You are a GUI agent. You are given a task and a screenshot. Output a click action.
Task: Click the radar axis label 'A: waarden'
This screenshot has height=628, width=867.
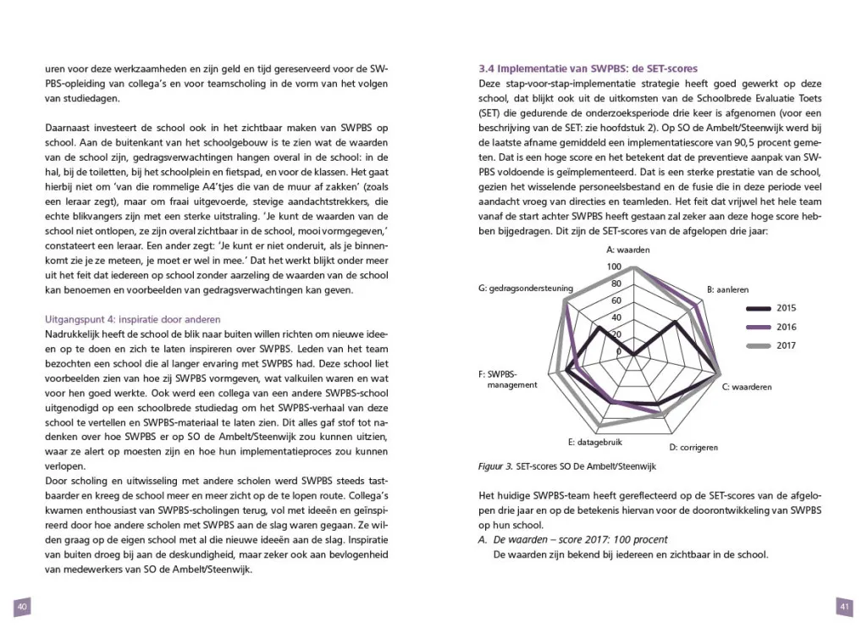[629, 251]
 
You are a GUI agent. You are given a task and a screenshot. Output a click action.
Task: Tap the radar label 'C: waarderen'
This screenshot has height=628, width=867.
[746, 387]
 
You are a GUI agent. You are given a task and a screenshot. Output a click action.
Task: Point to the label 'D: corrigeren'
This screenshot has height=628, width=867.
[694, 447]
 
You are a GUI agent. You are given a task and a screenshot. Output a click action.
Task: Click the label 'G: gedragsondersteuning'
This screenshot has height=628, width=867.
[525, 289]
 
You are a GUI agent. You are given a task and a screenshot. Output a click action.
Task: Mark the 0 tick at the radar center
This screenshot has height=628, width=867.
[619, 351]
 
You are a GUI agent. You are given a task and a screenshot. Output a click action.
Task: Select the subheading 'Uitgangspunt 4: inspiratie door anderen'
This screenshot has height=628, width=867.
[132, 319]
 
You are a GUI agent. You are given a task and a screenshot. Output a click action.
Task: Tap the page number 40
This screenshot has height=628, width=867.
[23, 606]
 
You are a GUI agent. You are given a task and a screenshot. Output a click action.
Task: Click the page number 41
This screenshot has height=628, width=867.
[844, 606]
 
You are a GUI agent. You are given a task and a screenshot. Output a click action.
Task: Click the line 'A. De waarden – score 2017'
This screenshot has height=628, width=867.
[573, 539]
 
